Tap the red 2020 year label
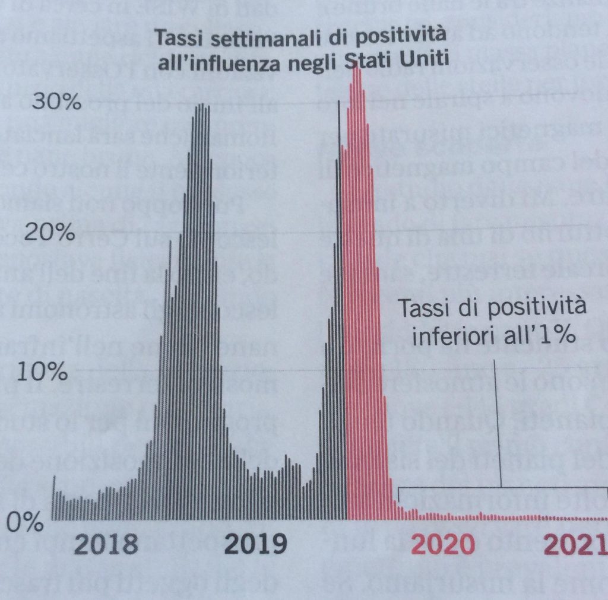(x=442, y=543)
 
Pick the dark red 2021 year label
(x=576, y=543)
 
